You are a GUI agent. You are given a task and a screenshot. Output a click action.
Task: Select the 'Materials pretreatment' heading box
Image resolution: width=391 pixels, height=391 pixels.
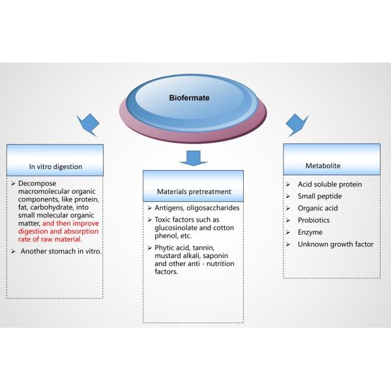(x=193, y=187)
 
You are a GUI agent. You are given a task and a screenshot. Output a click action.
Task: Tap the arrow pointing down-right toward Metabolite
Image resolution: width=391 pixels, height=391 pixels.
(x=297, y=122)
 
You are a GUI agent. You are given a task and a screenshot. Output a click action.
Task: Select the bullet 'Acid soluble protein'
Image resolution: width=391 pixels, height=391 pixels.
(x=329, y=184)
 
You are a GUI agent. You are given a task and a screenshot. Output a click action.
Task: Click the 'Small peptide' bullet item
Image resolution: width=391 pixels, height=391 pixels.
(x=319, y=196)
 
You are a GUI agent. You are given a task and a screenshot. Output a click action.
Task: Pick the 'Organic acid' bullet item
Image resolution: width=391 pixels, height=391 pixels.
(x=318, y=209)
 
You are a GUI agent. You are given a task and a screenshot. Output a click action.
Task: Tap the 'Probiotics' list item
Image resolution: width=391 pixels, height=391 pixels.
(x=313, y=220)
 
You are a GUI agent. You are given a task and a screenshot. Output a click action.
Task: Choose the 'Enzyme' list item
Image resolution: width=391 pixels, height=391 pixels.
(x=310, y=232)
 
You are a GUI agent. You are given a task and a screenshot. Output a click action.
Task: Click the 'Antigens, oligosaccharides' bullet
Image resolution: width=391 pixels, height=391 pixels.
(x=197, y=208)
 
